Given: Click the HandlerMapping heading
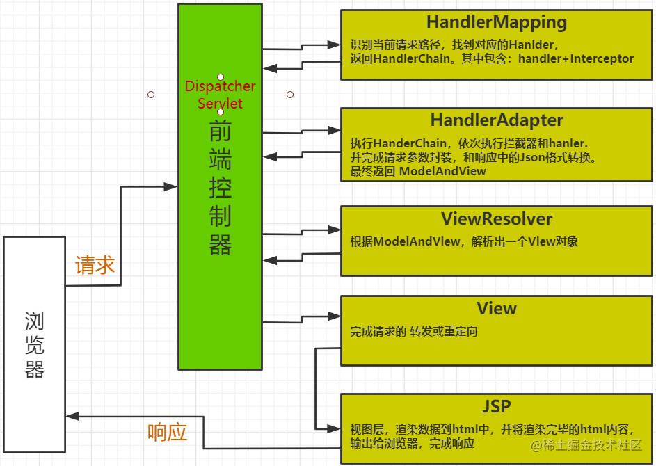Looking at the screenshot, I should pyautogui.click(x=497, y=22).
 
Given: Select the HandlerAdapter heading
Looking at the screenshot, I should pyautogui.click(x=497, y=120).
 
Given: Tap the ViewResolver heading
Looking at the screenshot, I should pyautogui.click(x=497, y=219).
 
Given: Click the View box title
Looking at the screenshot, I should pyautogui.click(x=497, y=308).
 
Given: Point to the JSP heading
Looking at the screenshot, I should pyautogui.click(x=497, y=405).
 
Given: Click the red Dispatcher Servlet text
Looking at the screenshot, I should pyautogui.click(x=220, y=95).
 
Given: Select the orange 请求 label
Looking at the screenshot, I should pyautogui.click(x=95, y=265).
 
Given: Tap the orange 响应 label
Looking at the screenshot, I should pyautogui.click(x=168, y=432).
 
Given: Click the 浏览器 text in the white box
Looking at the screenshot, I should pyautogui.click(x=35, y=345).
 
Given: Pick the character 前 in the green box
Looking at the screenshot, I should pyautogui.click(x=220, y=132).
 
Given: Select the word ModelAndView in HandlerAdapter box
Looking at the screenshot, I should pyautogui.click(x=442, y=171).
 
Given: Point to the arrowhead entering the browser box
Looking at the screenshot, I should pyautogui.click(x=72, y=416).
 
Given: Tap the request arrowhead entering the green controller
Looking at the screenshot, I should pyautogui.click(x=171, y=186).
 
